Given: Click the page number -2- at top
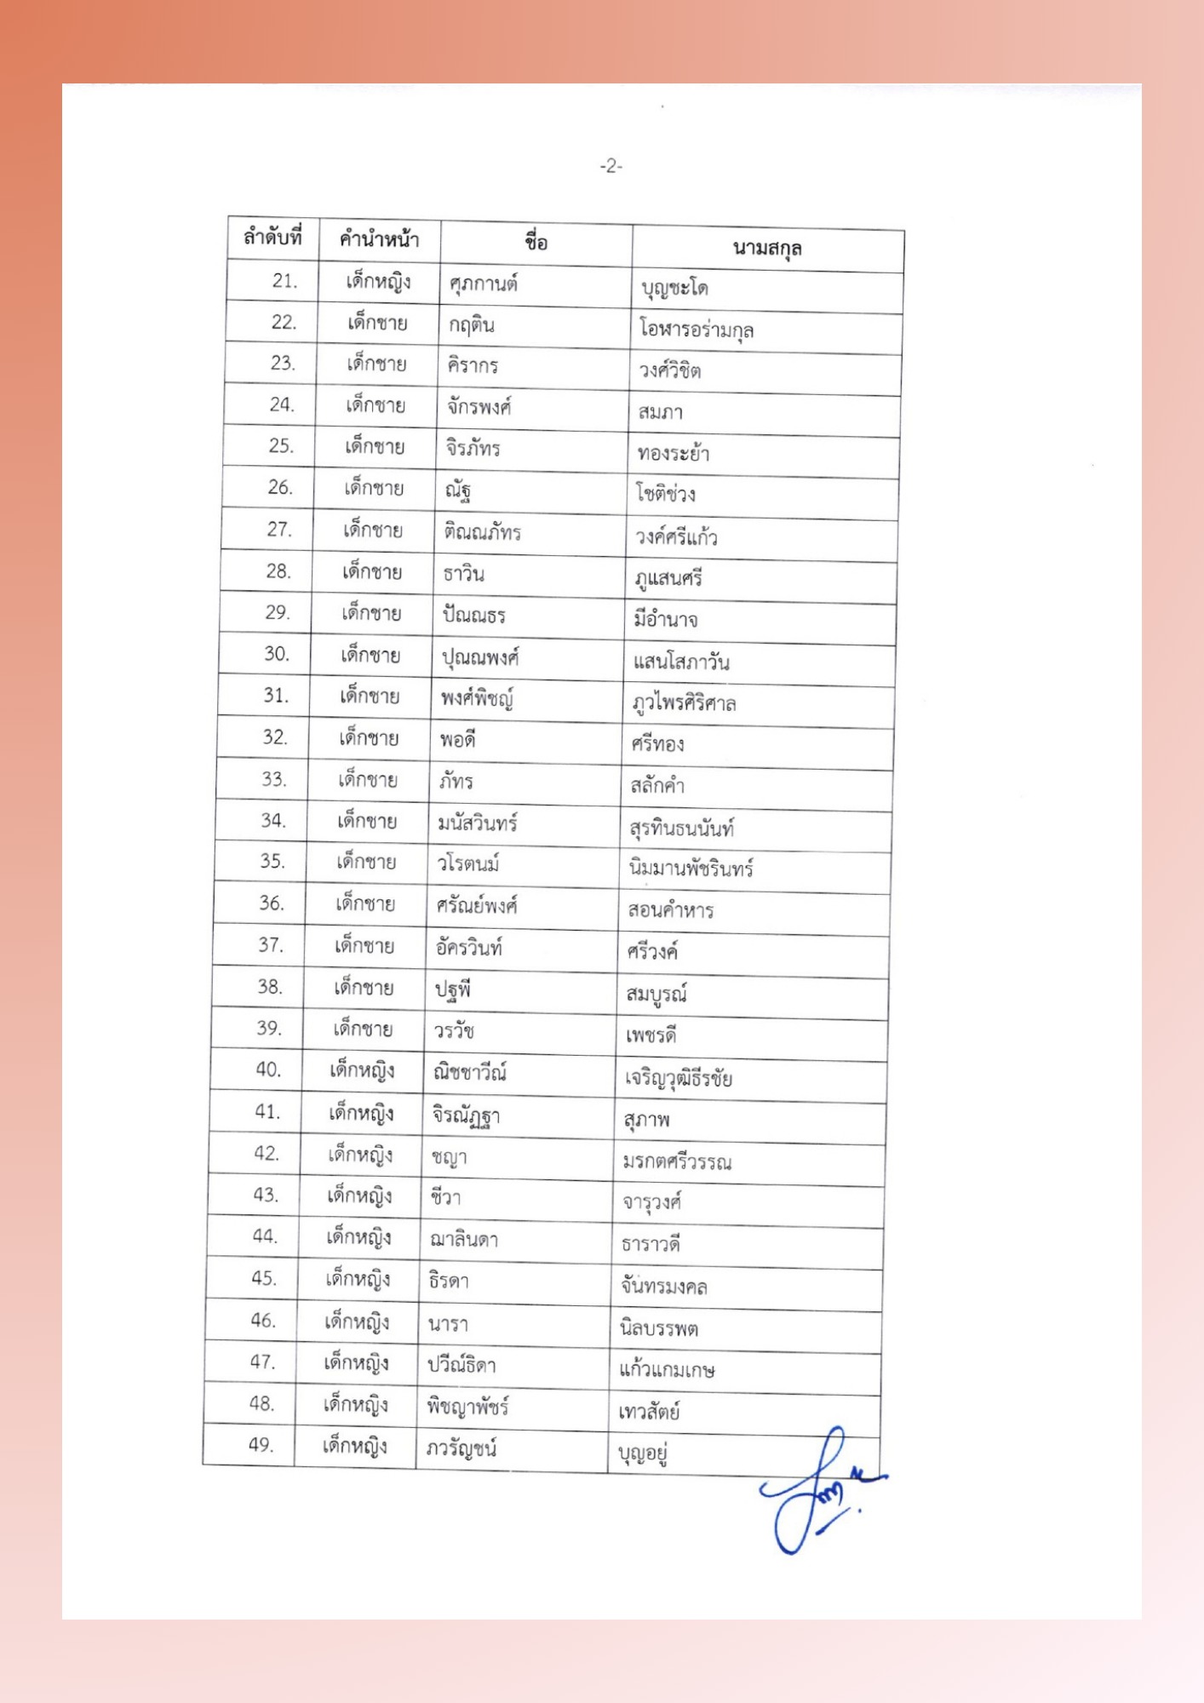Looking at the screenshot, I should [x=611, y=166].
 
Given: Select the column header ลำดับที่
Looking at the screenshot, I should [x=272, y=237].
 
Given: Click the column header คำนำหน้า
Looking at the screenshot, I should [x=379, y=239].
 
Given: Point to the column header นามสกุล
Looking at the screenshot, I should [x=766, y=248].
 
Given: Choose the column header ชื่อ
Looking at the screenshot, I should [x=536, y=243].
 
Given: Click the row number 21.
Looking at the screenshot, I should [x=284, y=281].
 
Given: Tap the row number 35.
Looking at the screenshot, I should [x=272, y=861].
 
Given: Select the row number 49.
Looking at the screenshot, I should [x=261, y=1444].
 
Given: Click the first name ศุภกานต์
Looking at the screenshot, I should [x=483, y=284].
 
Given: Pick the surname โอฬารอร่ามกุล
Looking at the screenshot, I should [x=696, y=330].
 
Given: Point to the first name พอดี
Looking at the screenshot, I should [x=457, y=739].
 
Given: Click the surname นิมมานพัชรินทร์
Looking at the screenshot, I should [x=691, y=869].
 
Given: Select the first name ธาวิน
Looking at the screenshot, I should [x=463, y=573].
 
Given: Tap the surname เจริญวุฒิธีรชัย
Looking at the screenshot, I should [x=678, y=1079].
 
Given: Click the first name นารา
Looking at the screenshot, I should [x=448, y=1324].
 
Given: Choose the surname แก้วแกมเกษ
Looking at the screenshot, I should [x=666, y=1370].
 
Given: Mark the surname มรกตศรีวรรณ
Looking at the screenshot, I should [x=676, y=1162].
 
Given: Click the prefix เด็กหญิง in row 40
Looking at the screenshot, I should [x=362, y=1070].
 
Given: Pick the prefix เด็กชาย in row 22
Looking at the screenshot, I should [x=377, y=323].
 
